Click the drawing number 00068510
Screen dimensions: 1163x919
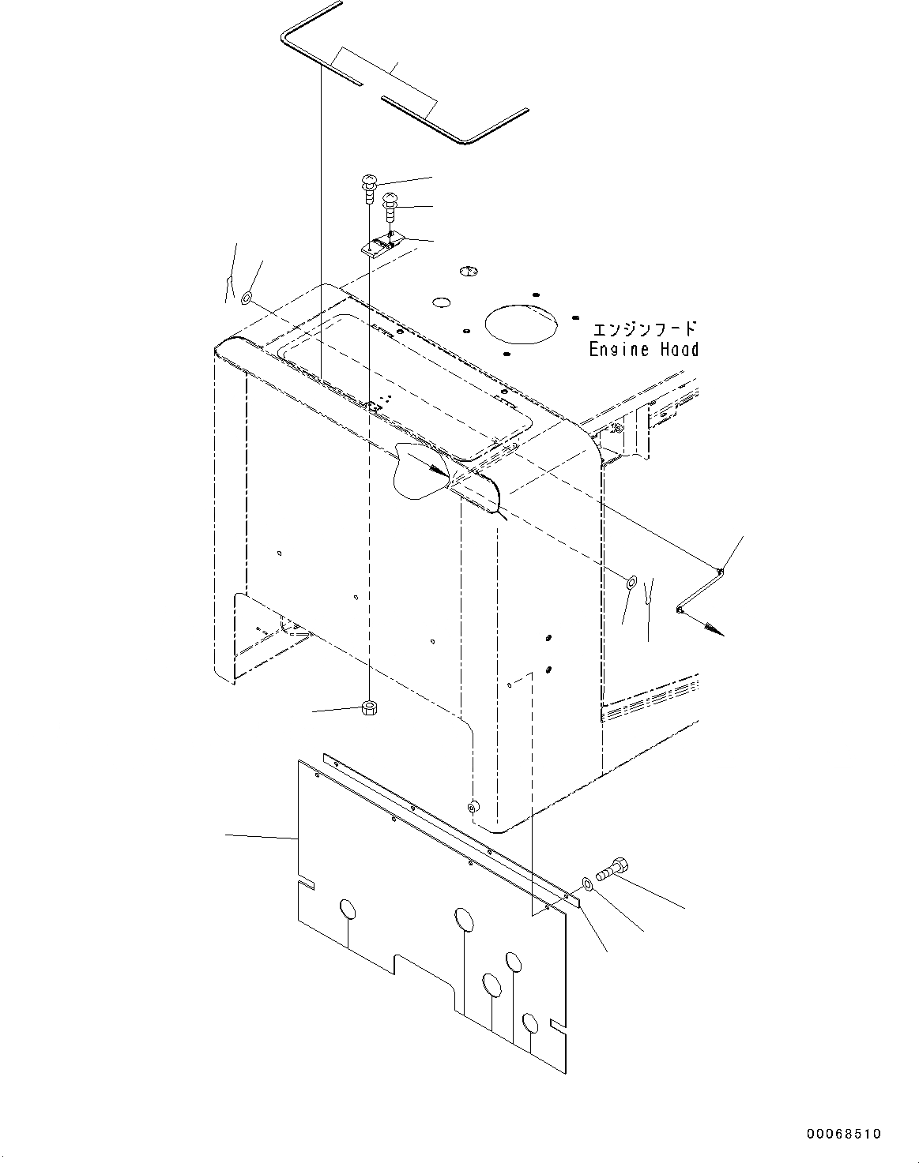843,1135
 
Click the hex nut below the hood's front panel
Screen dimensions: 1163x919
367,707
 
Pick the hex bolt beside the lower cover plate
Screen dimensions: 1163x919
612,870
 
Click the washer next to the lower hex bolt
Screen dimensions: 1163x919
586,883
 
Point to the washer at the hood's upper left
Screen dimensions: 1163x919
247,298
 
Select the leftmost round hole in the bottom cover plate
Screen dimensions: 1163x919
348,909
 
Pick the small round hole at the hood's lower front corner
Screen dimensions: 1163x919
472,807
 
